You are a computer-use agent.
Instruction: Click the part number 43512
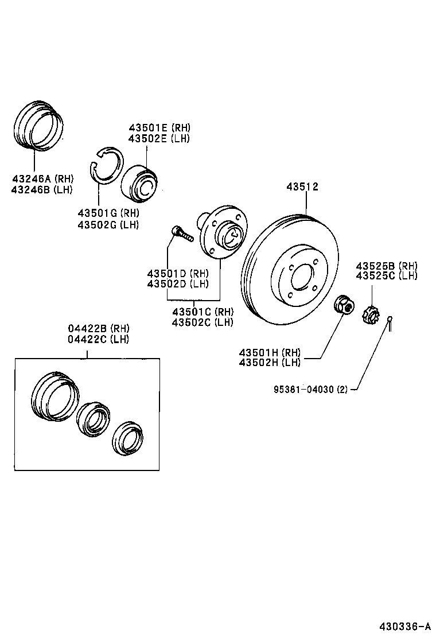click(302, 187)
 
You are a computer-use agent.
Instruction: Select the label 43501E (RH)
click(159, 128)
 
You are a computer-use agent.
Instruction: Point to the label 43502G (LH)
click(108, 224)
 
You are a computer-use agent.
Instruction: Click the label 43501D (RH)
click(177, 273)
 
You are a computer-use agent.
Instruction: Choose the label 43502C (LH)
click(203, 322)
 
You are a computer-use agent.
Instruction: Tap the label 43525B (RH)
click(386, 266)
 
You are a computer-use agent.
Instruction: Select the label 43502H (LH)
click(269, 361)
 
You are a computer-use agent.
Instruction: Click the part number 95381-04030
click(302, 389)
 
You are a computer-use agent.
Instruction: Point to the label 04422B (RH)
click(99, 328)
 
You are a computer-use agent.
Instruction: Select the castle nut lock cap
click(371, 314)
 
